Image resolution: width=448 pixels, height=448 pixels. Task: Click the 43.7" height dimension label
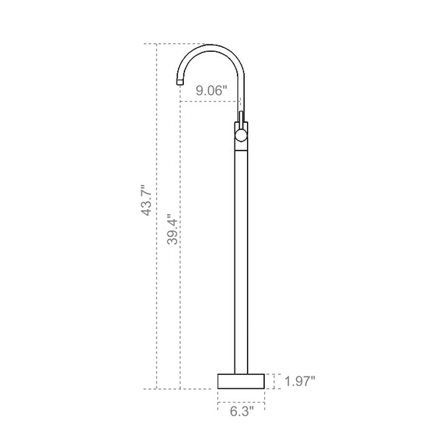pos(147,200)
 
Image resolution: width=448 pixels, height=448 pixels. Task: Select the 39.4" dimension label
pos(173,229)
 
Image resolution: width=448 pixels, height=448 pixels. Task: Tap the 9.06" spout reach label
pos(212,90)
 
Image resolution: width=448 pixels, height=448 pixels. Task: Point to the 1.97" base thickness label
pos(300,381)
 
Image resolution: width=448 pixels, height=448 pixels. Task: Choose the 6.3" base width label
pos(242,411)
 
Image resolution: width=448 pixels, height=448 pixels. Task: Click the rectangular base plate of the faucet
pos(241,381)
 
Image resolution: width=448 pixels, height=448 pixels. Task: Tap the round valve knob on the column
pos(241,135)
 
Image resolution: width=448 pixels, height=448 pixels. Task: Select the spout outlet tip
pos(180,82)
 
